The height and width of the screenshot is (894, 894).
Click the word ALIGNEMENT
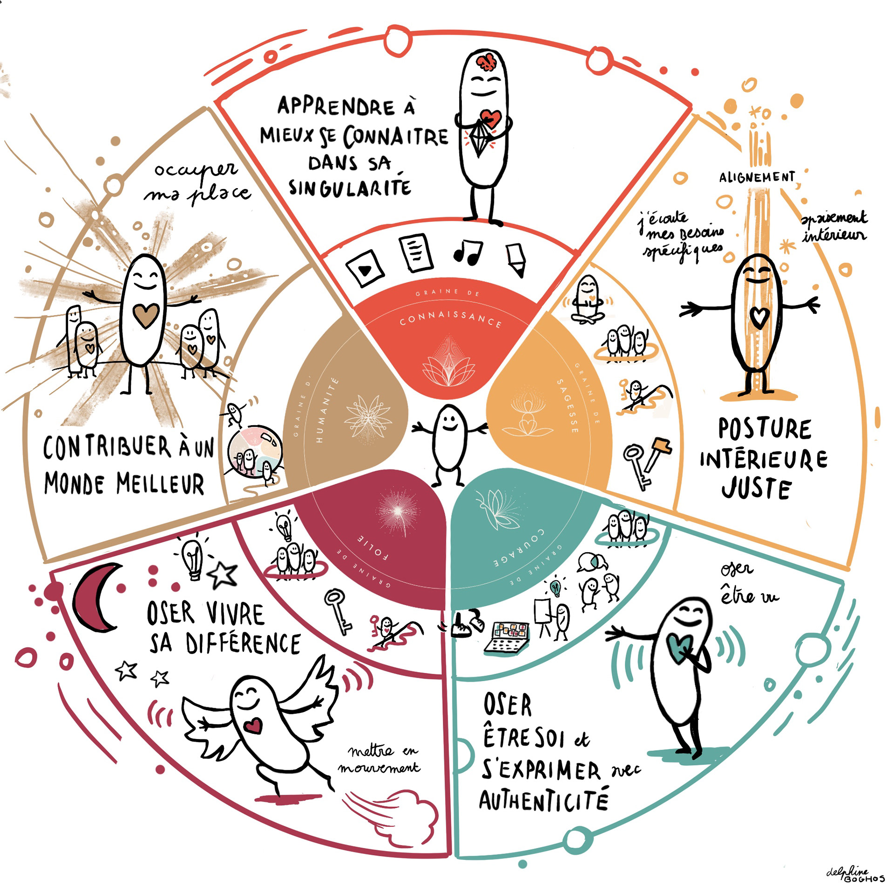(x=757, y=177)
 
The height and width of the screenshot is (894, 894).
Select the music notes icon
(x=467, y=252)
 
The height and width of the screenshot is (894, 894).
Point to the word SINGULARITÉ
(x=350, y=187)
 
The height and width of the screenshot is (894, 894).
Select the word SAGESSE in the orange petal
(x=568, y=406)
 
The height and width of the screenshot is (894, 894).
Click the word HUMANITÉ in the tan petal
(x=326, y=410)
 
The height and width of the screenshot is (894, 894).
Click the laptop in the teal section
(x=507, y=638)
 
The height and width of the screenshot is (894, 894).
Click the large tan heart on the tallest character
(x=146, y=316)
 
